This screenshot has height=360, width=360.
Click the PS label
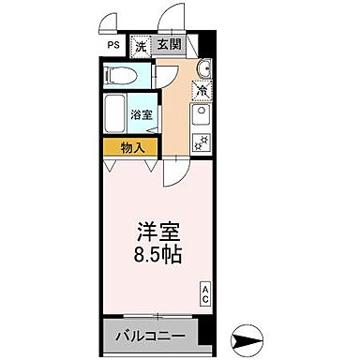tap(112, 45)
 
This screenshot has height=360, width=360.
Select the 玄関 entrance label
tap(169, 45)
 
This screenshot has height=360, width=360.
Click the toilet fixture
tap(119, 74)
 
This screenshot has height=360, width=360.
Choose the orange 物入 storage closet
tap(131, 147)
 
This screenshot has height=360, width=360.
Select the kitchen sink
tap(201, 116)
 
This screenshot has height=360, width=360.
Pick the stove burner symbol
tap(201, 142)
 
